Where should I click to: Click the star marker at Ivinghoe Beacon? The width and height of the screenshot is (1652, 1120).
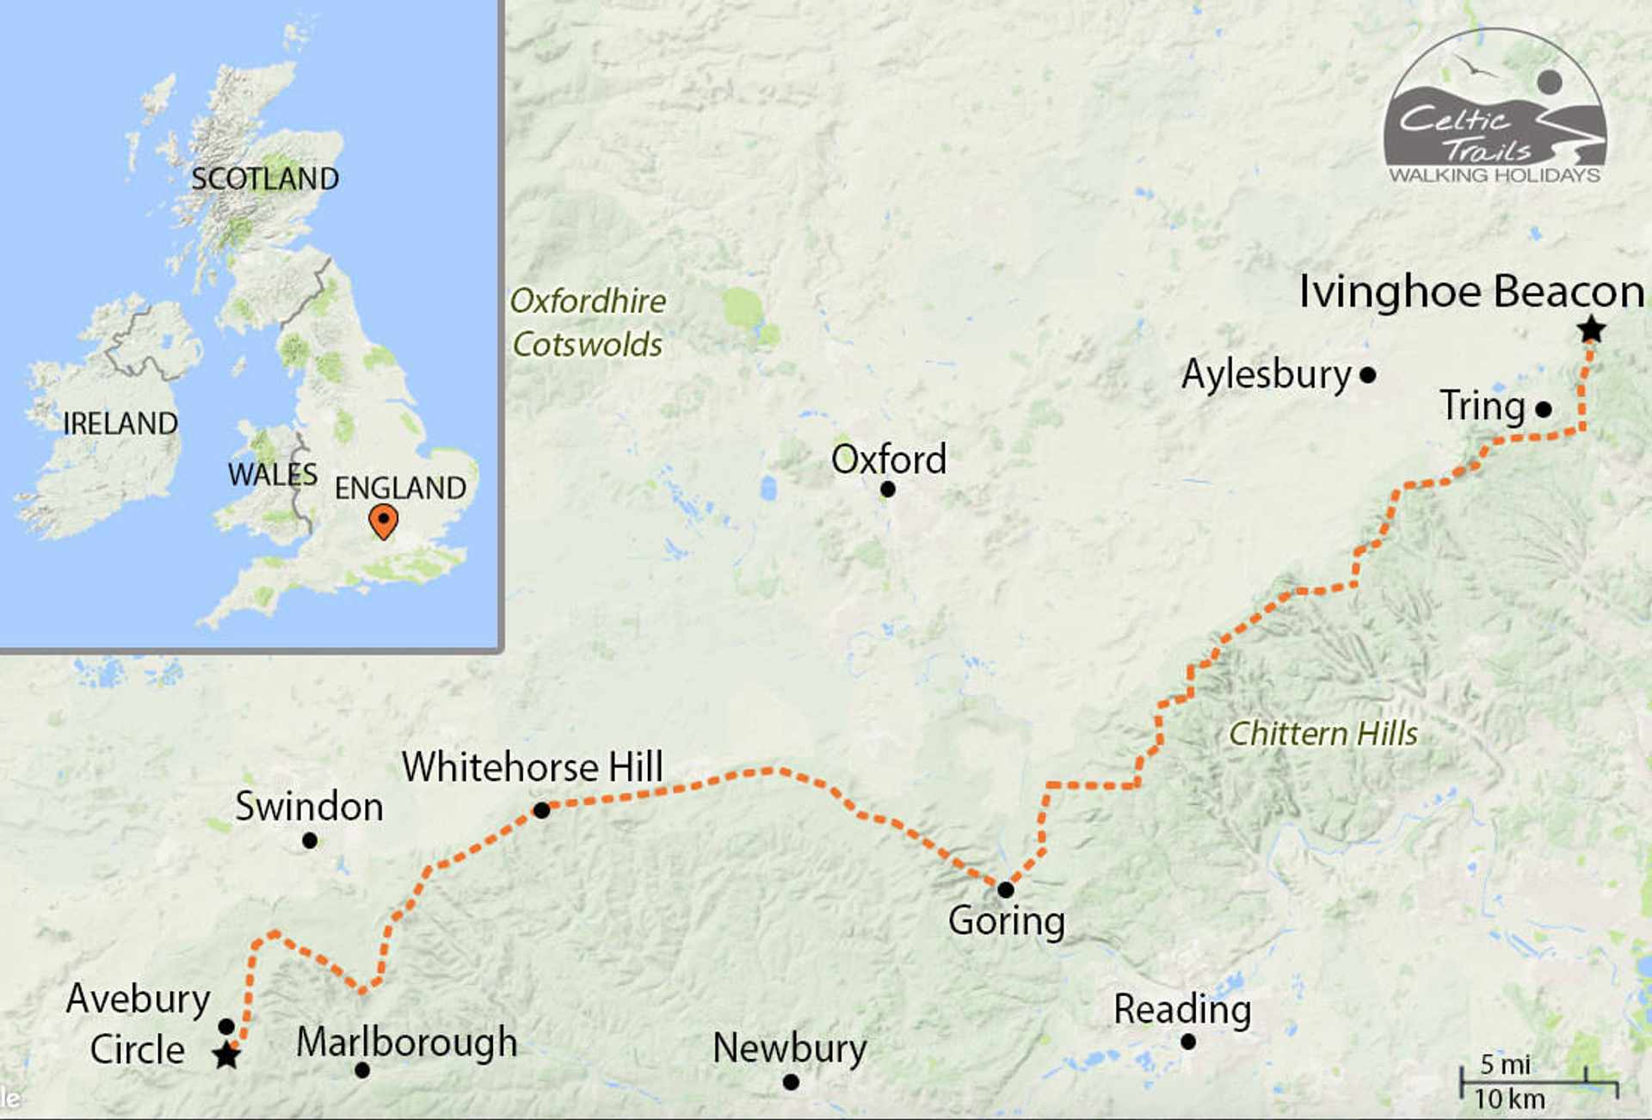tap(1591, 329)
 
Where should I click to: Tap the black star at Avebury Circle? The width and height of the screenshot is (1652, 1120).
tap(226, 1055)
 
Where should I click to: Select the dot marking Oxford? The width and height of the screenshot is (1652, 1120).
tap(888, 489)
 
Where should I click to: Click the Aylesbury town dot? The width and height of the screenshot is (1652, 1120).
tap(1368, 375)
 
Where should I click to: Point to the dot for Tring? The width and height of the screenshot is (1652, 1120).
tap(1544, 409)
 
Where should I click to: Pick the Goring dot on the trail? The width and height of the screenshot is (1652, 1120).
tap(1005, 889)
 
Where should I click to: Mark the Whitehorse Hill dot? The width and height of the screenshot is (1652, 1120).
tap(541, 810)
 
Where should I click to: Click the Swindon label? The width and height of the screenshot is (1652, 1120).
tap(309, 807)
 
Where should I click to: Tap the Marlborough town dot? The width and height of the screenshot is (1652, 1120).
tap(362, 1070)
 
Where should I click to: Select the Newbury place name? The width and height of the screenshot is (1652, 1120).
tap(789, 1049)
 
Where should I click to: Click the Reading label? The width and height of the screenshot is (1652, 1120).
tap(1182, 1010)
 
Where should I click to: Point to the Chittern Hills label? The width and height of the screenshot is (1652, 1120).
tap(1322, 734)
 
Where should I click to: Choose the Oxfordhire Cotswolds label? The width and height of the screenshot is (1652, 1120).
tap(588, 323)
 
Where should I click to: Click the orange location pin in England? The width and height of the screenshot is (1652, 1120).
tap(383, 520)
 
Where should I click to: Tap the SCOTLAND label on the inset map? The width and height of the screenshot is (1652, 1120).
tap(265, 179)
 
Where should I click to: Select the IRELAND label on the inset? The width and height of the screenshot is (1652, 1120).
tap(120, 423)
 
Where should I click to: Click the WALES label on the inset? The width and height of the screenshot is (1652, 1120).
tap(272, 474)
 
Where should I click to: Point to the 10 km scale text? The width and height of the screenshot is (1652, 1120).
tap(1509, 1099)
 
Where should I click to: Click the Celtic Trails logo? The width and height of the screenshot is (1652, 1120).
tap(1495, 108)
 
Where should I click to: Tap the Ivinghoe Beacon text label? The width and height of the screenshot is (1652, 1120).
tap(1471, 291)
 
